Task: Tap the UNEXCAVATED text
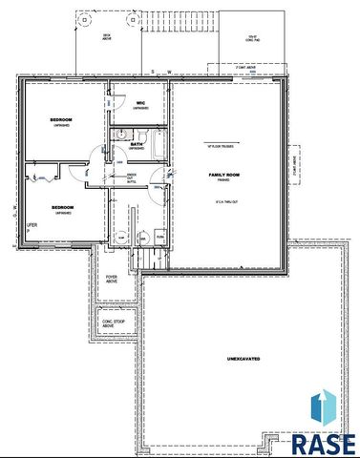click(x=244, y=358)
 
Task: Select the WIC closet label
click(x=139, y=103)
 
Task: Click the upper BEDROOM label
click(x=62, y=120)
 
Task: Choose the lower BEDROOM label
click(x=62, y=207)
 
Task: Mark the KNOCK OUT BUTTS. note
click(x=132, y=177)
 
